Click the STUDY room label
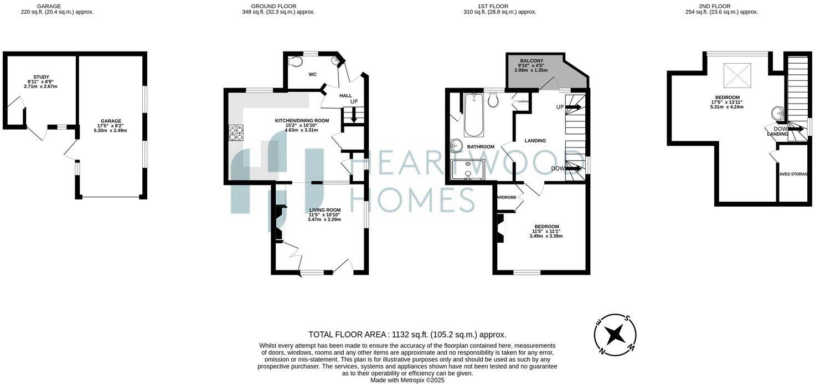(x=41, y=77)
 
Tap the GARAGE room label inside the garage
(x=111, y=121)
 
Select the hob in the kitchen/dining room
(x=235, y=134)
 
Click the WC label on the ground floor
(x=312, y=74)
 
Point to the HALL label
(x=345, y=96)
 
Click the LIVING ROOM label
(x=324, y=210)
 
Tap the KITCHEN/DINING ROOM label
(x=302, y=120)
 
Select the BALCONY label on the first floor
(x=531, y=60)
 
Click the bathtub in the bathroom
(x=473, y=115)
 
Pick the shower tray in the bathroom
(x=468, y=170)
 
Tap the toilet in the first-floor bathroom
(x=494, y=100)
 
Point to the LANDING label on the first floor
(x=535, y=141)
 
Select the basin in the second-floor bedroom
(x=777, y=114)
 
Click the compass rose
(x=615, y=335)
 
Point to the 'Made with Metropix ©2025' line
(x=407, y=380)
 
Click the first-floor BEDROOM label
(x=546, y=227)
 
